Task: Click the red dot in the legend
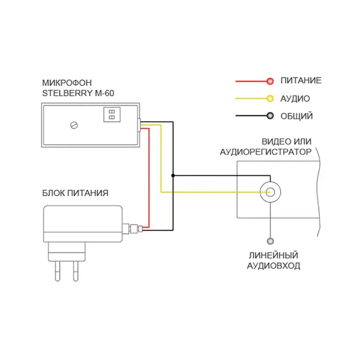coord(270,81)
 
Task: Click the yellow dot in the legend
coord(270,98)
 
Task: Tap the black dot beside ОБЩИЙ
coord(270,116)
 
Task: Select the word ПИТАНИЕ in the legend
coord(301,80)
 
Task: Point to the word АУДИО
coord(295,99)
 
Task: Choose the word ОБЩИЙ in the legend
coord(296,116)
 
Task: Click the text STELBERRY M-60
coord(78,93)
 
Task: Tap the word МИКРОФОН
coord(67,83)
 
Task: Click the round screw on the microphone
coord(74,125)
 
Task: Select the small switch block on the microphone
coord(112,115)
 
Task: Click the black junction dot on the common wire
coord(173,176)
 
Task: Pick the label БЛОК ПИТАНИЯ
coord(76,193)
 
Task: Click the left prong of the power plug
coord(58,271)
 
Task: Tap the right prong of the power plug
coord(76,271)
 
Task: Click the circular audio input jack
coord(270,192)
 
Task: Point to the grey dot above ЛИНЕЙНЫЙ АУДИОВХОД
coord(271,241)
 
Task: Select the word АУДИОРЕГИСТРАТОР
coord(266,152)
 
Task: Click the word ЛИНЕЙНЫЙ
coord(274,256)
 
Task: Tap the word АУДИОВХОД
coord(274,266)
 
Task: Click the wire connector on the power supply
coord(133,229)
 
